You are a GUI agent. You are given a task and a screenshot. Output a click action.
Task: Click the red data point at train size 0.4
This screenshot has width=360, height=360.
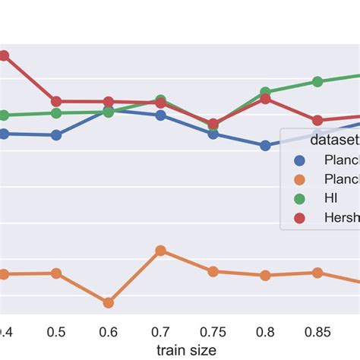tap(3, 55)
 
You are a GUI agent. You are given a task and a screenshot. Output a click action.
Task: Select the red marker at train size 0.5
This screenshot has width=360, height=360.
tap(55, 101)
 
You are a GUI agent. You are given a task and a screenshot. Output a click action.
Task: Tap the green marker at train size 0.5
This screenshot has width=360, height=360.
tap(55, 113)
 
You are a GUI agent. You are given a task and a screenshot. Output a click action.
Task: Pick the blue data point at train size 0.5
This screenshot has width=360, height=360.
tap(55, 135)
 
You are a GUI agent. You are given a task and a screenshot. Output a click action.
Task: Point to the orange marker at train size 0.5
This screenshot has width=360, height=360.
tap(55, 273)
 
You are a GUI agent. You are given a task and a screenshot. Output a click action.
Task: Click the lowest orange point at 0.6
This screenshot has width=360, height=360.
tap(108, 302)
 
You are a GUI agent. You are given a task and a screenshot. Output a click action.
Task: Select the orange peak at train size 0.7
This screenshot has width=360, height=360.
tap(160, 251)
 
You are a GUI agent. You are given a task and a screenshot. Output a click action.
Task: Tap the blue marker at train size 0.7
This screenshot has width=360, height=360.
tap(160, 115)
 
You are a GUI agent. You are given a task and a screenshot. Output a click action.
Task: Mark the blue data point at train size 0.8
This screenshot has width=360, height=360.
tap(265, 145)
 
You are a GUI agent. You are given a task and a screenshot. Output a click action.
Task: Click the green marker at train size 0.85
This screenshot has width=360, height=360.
tap(317, 82)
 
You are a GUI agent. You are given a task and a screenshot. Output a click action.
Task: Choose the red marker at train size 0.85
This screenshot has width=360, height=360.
tap(317, 120)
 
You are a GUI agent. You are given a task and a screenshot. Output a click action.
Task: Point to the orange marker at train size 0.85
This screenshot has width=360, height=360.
tap(317, 273)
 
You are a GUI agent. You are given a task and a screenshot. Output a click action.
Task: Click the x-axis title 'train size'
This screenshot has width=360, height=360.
tap(186, 349)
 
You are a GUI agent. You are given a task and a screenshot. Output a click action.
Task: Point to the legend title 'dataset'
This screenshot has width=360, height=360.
tap(334, 141)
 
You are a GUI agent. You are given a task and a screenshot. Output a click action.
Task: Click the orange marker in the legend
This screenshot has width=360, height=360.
tap(299, 180)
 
